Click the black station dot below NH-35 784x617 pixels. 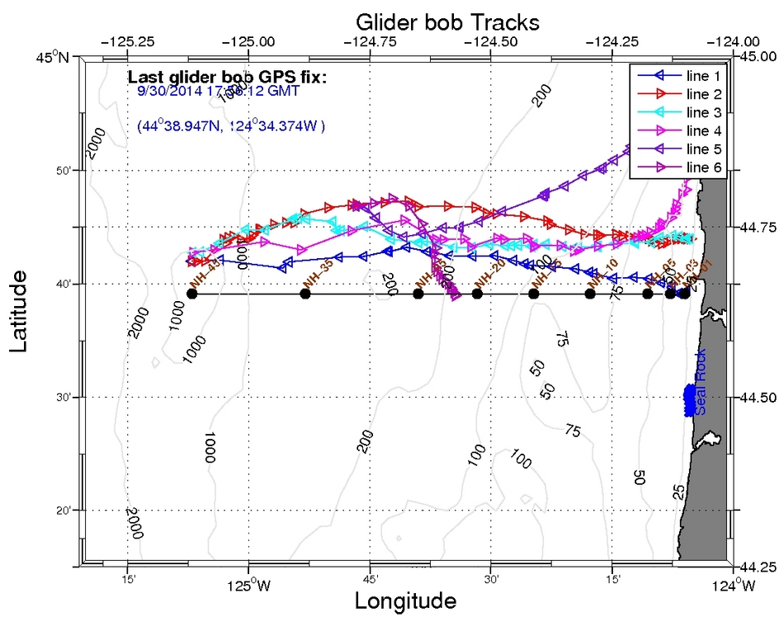305,294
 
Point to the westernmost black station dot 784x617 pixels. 192,294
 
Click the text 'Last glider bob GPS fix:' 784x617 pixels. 227,78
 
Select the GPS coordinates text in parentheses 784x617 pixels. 232,126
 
